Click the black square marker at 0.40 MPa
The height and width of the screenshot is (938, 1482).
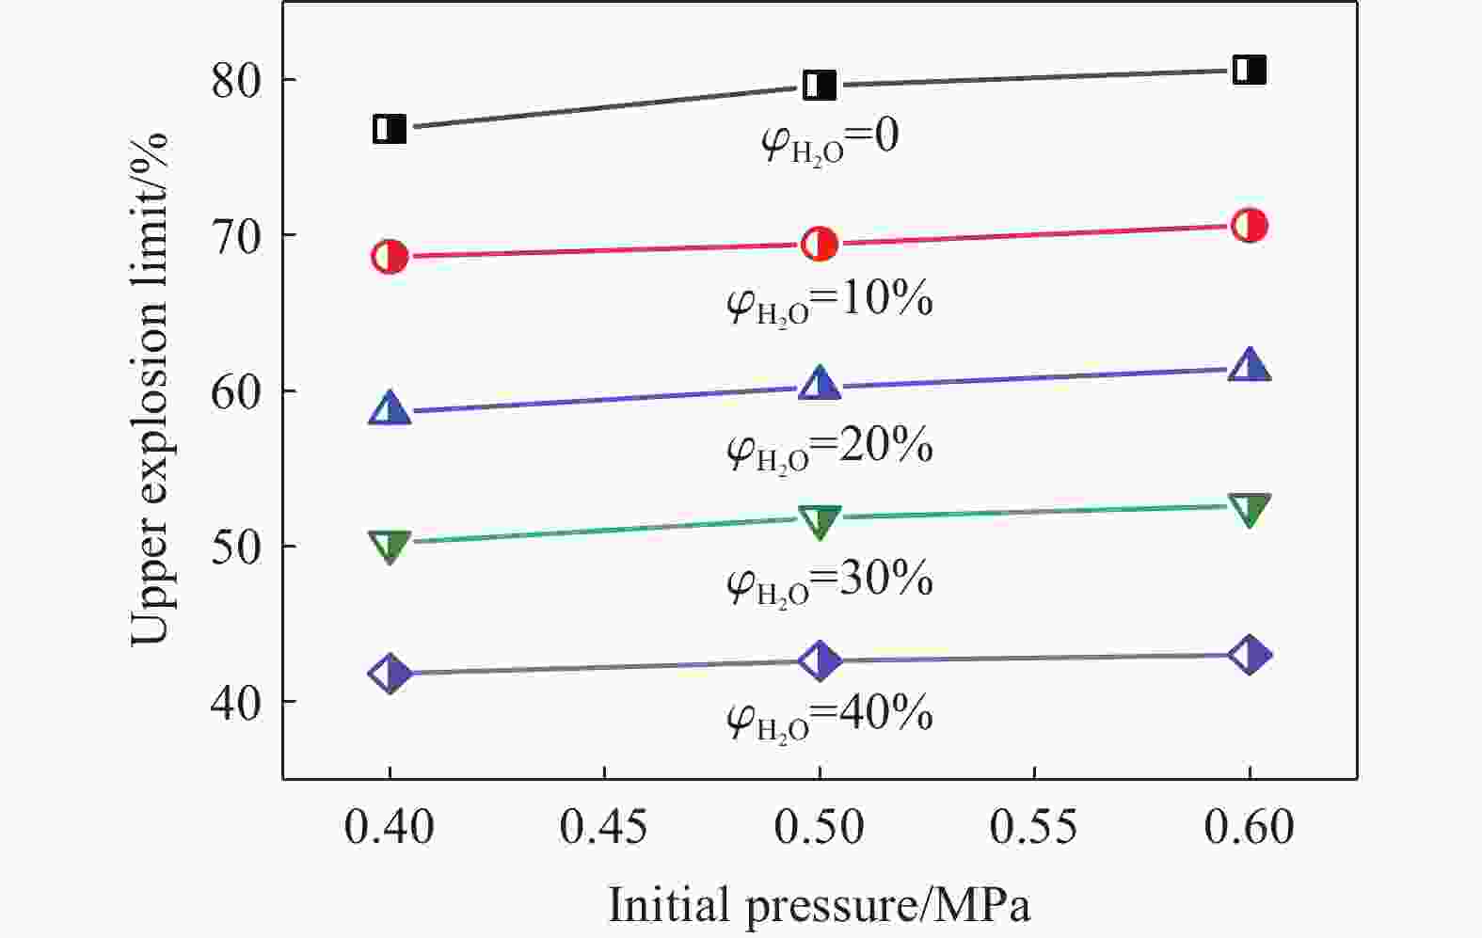(x=390, y=129)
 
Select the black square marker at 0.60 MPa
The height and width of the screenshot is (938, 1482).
(x=1250, y=70)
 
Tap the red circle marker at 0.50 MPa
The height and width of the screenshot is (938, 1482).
(x=820, y=245)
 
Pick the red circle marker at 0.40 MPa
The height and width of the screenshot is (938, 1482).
(x=390, y=256)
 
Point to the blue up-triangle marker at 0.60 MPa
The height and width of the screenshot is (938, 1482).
(x=1250, y=366)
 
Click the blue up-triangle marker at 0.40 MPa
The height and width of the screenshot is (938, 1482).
(x=390, y=409)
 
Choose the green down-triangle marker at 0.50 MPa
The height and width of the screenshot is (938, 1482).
(x=820, y=521)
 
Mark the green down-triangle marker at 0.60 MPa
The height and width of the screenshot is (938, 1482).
(x=1250, y=509)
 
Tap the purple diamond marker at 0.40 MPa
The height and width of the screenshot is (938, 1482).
(x=390, y=674)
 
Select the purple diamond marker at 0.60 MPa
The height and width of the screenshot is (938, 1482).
(x=1250, y=655)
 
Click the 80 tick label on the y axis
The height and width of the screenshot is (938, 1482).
(x=235, y=81)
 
